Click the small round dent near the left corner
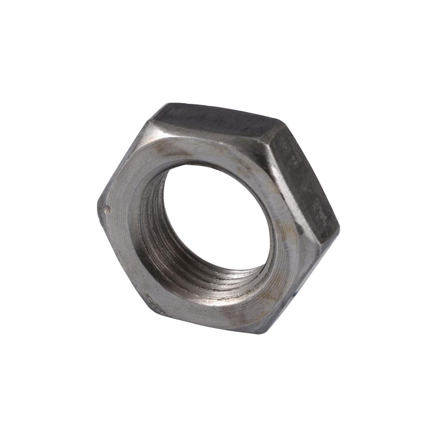coord(107,209)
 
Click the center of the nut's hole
coord(218,218)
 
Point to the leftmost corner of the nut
coord(98,207)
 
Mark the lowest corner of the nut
coord(258,332)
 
